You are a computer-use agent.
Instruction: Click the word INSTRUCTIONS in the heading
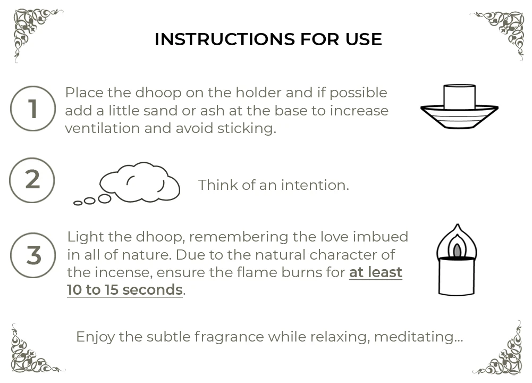(225, 39)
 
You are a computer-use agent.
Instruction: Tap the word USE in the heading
(364, 39)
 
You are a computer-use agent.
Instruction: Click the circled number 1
(33, 109)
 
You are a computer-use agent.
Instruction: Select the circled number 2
(32, 180)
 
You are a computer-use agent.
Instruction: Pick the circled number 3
(33, 255)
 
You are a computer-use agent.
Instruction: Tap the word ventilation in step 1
(102, 128)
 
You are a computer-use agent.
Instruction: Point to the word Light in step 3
(86, 237)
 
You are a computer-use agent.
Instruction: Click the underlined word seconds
(153, 290)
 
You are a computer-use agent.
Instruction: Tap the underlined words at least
(376, 272)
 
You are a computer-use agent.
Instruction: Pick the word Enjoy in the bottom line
(95, 337)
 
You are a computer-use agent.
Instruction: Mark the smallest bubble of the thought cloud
(78, 203)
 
